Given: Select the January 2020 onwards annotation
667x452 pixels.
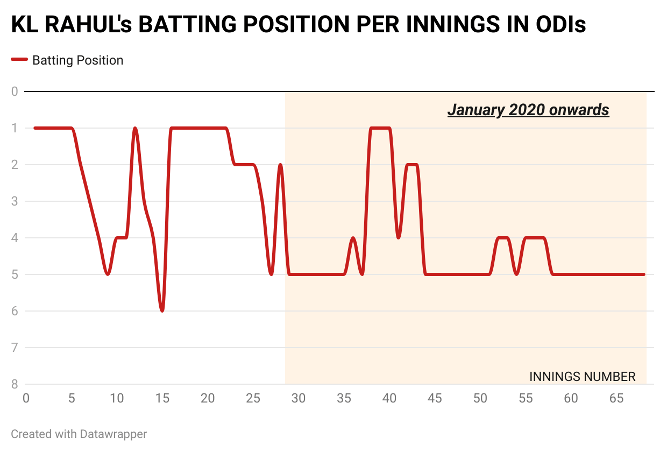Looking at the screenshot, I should coord(528,110).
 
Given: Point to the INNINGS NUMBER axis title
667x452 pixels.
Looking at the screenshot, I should coord(583,377).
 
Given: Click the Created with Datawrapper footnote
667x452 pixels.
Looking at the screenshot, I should coord(79,434).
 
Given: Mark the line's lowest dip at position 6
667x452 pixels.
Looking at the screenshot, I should coord(162,310).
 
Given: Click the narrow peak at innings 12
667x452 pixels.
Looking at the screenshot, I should coord(135,129).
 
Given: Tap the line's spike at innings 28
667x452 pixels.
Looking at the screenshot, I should coord(280,165).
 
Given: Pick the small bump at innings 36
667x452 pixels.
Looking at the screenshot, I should coord(353,238).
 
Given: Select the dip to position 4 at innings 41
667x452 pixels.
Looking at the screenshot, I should coord(398,237).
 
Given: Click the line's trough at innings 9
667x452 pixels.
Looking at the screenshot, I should coord(108,274).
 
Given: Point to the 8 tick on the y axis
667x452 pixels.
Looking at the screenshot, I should coord(15,384).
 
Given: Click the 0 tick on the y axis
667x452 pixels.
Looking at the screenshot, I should coord(15,91).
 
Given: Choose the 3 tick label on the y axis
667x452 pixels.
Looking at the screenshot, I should coord(15,201).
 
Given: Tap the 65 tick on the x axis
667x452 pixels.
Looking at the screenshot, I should coord(616,399).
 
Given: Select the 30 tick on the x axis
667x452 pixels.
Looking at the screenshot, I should coord(298,399).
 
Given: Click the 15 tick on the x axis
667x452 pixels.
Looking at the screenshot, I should coord(162,399).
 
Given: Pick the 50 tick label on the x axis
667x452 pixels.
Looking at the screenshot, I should coord(480,399).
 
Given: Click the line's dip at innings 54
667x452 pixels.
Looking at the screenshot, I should coord(516,274).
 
